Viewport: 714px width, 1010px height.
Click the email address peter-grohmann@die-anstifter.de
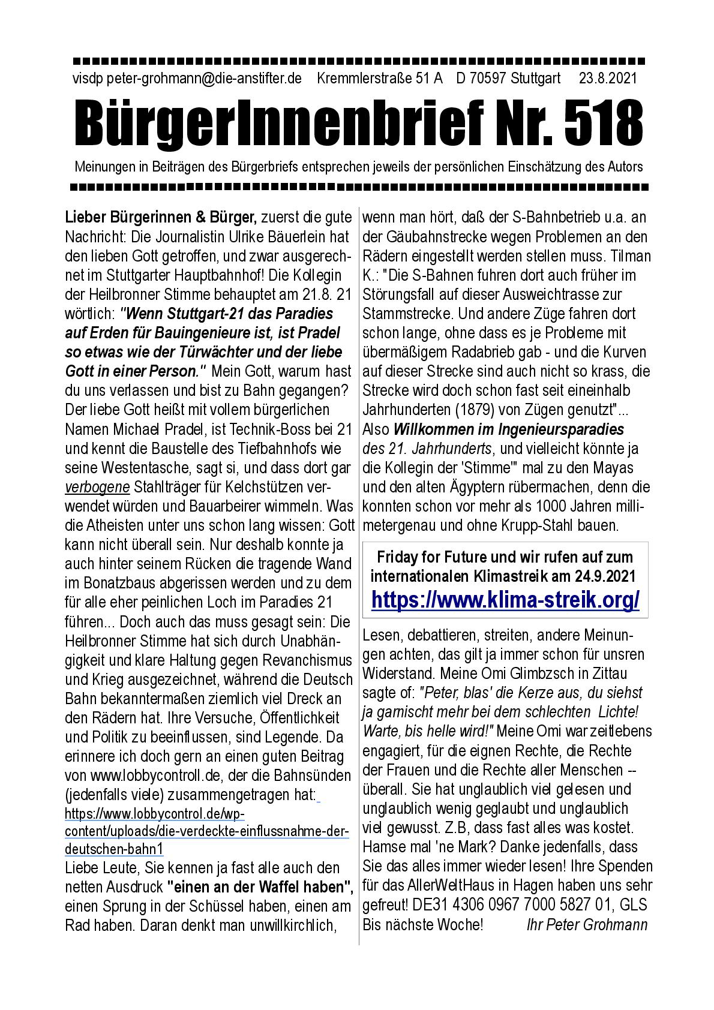pyautogui.click(x=203, y=79)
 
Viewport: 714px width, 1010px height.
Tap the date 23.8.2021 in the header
pyautogui.click(x=608, y=79)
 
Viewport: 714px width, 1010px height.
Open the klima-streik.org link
pyautogui.click(x=505, y=599)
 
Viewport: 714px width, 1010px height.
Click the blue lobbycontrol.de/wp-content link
pyautogui.click(x=206, y=831)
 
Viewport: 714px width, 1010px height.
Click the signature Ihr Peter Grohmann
pyautogui.click(x=586, y=924)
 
